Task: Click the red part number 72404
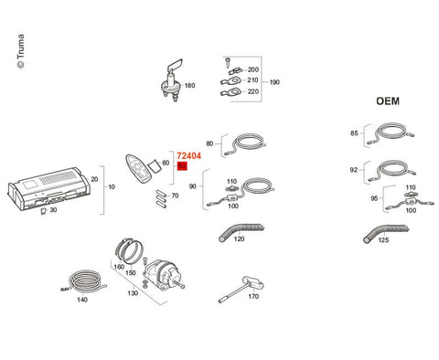(x=188, y=156)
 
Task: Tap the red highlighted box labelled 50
(x=182, y=166)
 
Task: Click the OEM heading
(x=388, y=101)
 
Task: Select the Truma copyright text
(x=20, y=51)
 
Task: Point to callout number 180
(x=189, y=86)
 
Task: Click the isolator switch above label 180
(x=172, y=80)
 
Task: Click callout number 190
(x=274, y=82)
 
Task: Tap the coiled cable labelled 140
(x=83, y=281)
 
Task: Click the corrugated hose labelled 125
(x=385, y=232)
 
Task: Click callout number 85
(x=354, y=133)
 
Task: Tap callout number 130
(x=133, y=293)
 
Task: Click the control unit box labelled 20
(x=48, y=189)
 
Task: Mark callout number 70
(x=175, y=196)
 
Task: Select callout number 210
(x=252, y=80)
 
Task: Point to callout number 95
(x=374, y=198)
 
